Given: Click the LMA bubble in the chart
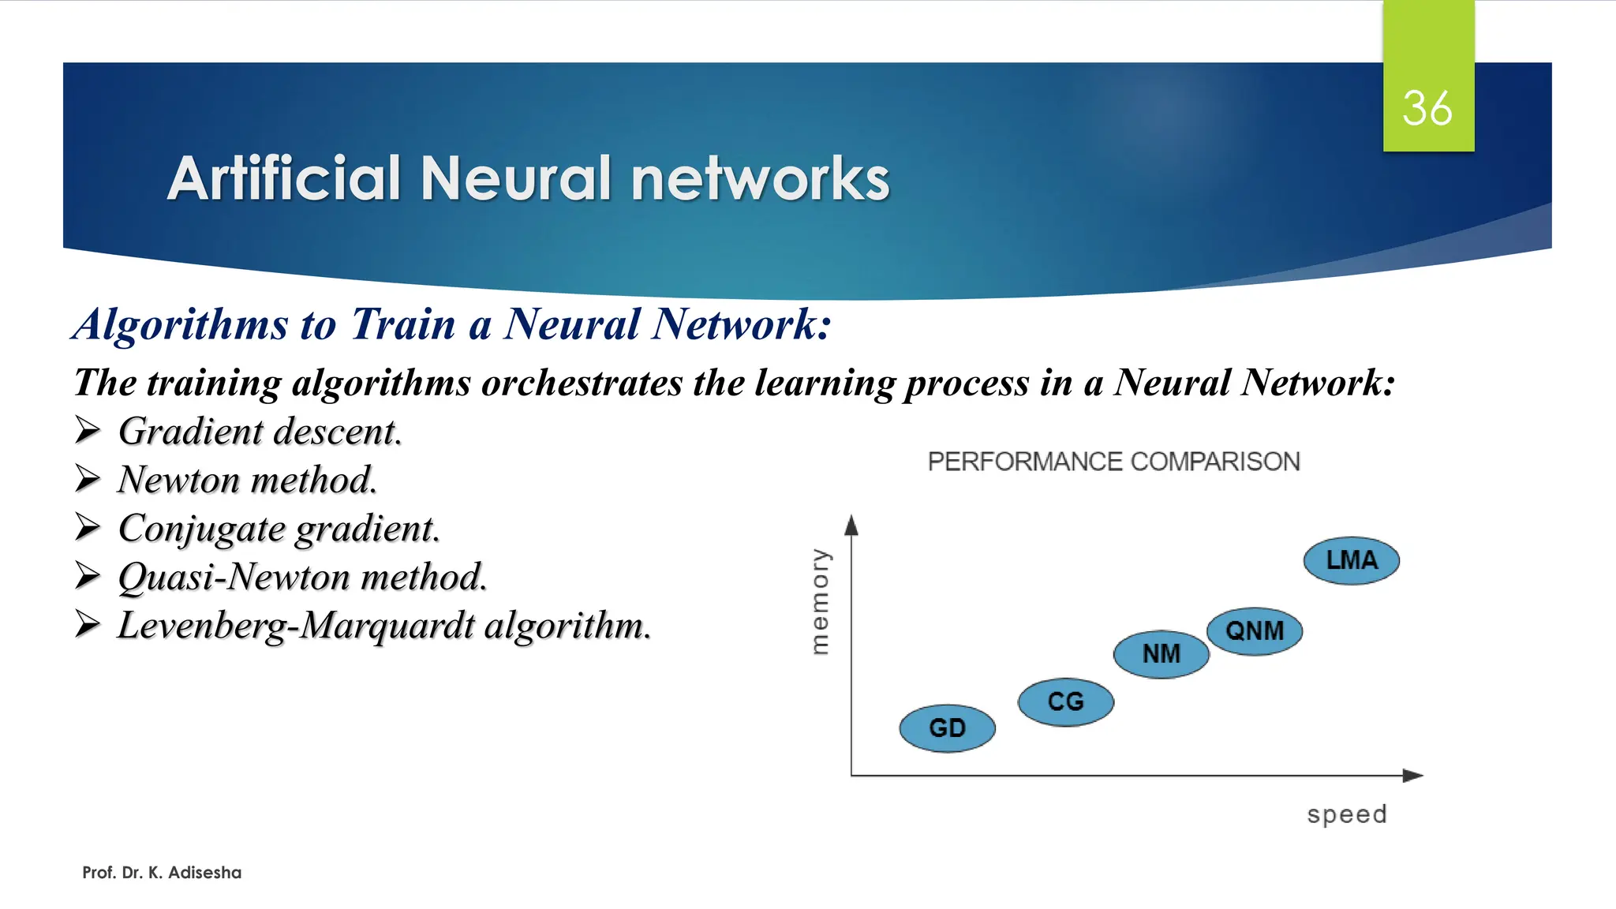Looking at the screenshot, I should [x=1351, y=560].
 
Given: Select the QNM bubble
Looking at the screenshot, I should [x=1254, y=630].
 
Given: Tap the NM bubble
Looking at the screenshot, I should [x=1161, y=653].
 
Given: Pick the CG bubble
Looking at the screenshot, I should [x=1065, y=701].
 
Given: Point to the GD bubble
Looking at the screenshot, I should [x=947, y=728].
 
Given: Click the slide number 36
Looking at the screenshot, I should [x=1427, y=108].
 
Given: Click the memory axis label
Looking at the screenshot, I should [x=821, y=602].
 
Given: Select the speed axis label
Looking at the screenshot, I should [x=1346, y=814].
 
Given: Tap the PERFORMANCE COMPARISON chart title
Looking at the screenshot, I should [x=1113, y=462].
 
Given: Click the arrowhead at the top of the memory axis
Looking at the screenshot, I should [x=851, y=525].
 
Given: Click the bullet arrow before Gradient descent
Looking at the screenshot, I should [x=88, y=431].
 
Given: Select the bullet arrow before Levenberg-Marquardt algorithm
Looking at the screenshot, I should [x=88, y=624].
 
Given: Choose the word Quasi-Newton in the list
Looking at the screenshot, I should [x=234, y=578].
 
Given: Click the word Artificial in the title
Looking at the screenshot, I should [x=284, y=178].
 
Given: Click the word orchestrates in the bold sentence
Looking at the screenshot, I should [x=582, y=383].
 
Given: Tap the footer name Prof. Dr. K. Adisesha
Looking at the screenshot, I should [x=162, y=872].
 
